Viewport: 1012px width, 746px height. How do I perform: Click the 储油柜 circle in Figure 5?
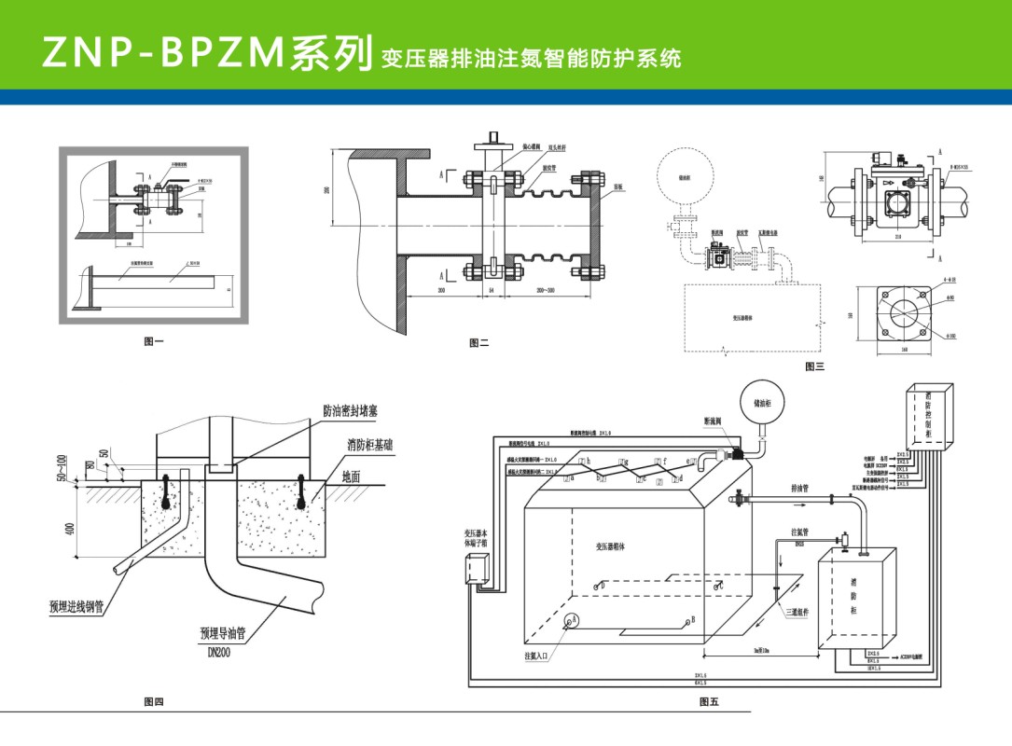(x=762, y=403)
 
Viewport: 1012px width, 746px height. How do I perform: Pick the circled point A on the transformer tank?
(x=575, y=619)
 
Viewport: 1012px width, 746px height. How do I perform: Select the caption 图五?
(x=709, y=702)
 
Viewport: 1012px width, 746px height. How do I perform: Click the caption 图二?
(x=478, y=343)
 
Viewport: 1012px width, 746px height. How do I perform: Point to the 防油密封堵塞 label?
(x=350, y=410)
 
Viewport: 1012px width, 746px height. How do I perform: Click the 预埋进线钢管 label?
(x=76, y=607)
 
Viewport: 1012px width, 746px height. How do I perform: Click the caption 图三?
(x=815, y=366)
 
